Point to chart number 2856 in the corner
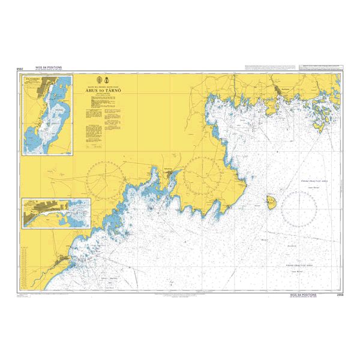(x=340, y=295)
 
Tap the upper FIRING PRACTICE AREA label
(x=314, y=180)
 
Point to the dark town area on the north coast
(x=278, y=91)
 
